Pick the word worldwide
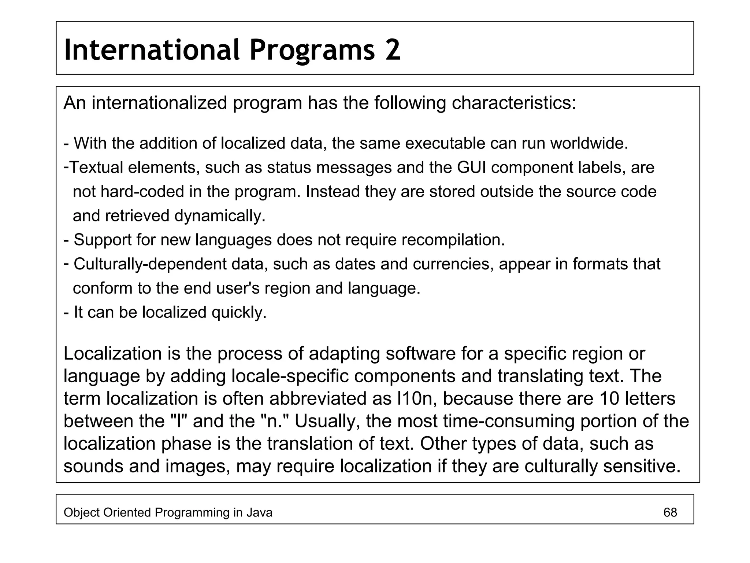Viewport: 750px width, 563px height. [x=589, y=143]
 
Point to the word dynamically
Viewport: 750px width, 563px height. [x=220, y=216]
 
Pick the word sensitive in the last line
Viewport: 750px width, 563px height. [x=642, y=466]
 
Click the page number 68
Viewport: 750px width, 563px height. [x=670, y=512]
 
